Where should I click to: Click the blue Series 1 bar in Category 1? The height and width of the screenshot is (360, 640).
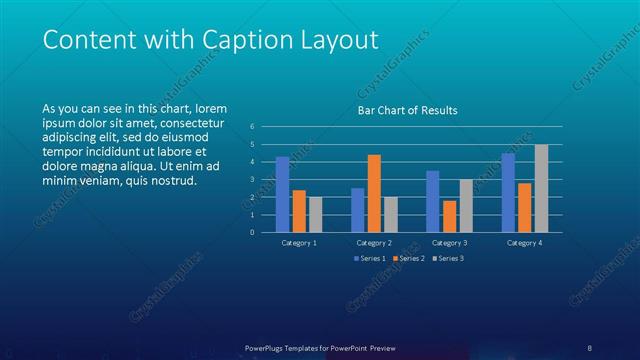(282, 194)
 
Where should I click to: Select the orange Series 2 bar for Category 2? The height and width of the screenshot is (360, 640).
(374, 193)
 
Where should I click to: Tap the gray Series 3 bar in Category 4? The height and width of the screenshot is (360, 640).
(541, 188)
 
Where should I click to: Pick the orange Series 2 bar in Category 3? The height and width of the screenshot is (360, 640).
(449, 216)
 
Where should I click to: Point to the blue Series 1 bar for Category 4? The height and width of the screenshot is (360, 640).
(508, 192)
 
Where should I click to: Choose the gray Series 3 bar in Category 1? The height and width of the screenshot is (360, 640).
(316, 214)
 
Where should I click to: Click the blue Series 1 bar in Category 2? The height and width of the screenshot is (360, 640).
(357, 210)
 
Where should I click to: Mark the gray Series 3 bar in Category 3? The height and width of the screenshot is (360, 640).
(466, 205)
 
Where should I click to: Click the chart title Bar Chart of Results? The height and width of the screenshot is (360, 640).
(407, 111)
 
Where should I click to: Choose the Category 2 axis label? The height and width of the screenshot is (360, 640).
(373, 243)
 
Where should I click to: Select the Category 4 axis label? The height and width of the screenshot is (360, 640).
(524, 243)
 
